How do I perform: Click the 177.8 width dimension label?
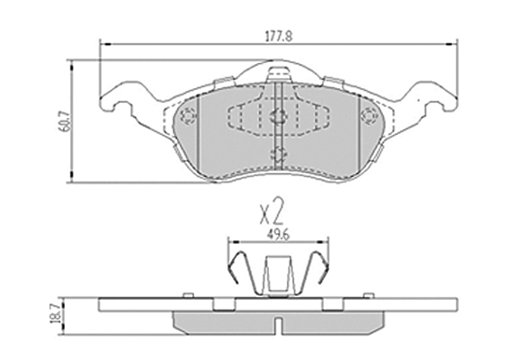pos(279,36)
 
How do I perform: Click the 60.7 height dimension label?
pos(66,121)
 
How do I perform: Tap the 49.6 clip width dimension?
pos(278,236)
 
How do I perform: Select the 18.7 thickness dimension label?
pos(55,314)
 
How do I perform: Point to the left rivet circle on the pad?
pos(188,116)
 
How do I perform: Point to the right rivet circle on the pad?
pos(369,116)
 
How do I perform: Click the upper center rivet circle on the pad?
pos(279,116)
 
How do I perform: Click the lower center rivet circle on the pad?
pos(279,154)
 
